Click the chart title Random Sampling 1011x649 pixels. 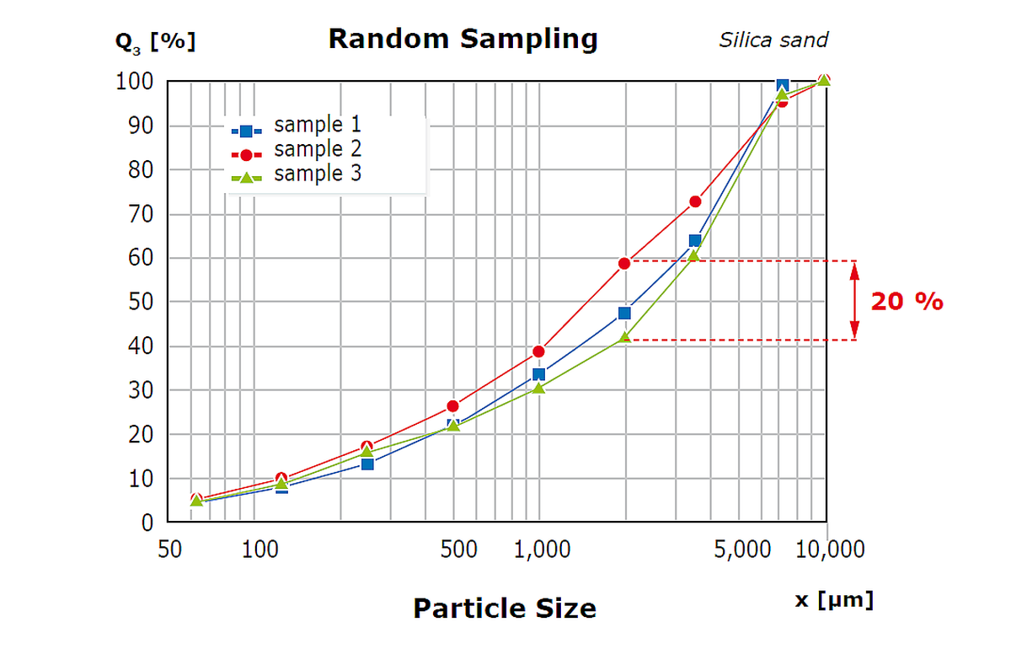[463, 39]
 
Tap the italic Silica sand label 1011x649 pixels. [773, 40]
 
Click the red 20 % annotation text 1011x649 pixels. [907, 302]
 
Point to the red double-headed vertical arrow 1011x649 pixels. [854, 301]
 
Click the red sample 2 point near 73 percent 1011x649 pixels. [695, 201]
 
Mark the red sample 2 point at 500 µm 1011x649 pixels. [453, 406]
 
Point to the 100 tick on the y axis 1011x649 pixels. [135, 82]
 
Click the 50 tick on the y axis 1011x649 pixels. [141, 302]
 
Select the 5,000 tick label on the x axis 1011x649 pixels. [741, 550]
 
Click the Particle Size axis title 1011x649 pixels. [504, 608]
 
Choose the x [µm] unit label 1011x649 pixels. [834, 600]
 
